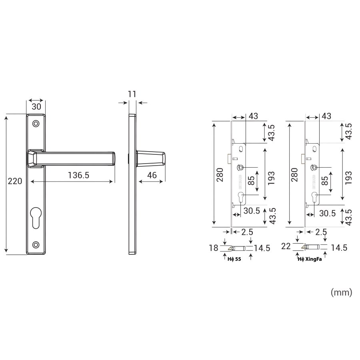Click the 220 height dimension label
(x=15, y=181)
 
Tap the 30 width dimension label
(x=36, y=106)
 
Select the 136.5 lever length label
(x=78, y=175)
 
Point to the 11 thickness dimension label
(x=132, y=94)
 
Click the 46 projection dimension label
(x=152, y=175)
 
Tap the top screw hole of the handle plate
(x=36, y=124)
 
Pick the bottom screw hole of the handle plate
(x=36, y=244)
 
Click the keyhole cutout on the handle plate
(x=36, y=218)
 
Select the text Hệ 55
(x=234, y=259)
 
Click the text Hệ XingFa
(x=310, y=259)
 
